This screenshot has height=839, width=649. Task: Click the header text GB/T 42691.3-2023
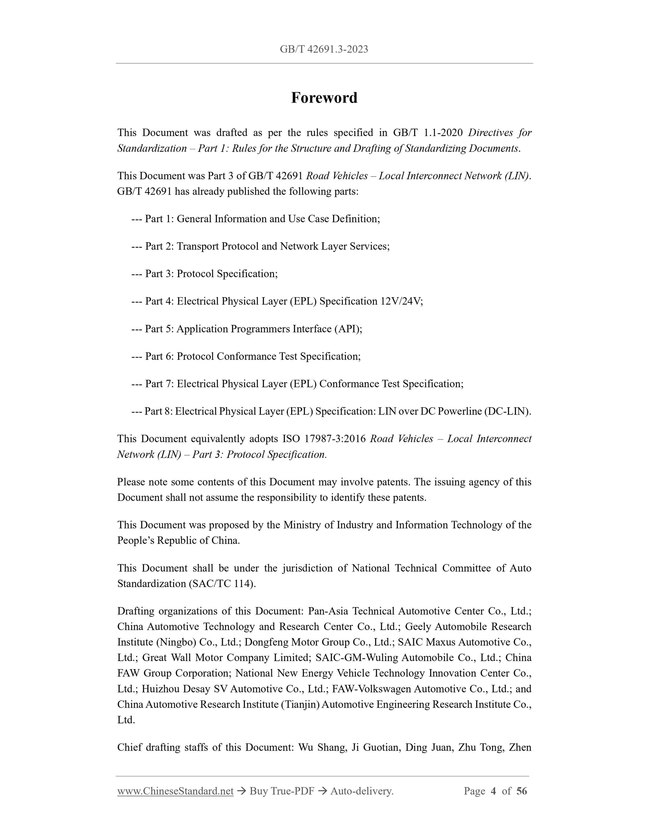324,49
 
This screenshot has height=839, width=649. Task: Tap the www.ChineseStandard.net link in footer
175,791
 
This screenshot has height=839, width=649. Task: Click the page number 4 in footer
493,791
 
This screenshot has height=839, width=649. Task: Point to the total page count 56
521,791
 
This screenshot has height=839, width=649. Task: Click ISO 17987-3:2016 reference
324,439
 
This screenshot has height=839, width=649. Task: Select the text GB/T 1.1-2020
428,133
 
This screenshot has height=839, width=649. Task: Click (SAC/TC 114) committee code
222,583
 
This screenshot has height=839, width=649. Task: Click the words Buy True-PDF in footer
281,791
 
